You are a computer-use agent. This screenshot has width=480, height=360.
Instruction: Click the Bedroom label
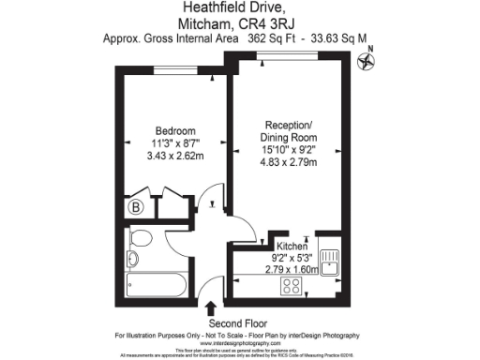tap(175, 130)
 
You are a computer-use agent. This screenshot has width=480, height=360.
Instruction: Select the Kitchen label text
tap(291, 247)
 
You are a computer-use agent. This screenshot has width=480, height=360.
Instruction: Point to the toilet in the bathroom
tap(132, 256)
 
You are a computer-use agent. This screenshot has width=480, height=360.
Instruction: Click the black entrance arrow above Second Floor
tap(210, 307)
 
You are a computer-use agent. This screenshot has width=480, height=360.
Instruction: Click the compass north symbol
tap(367, 64)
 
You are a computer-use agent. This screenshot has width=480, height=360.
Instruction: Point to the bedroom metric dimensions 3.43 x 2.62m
tap(175, 155)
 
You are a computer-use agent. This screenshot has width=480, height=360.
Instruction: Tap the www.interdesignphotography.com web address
tap(156, 344)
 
